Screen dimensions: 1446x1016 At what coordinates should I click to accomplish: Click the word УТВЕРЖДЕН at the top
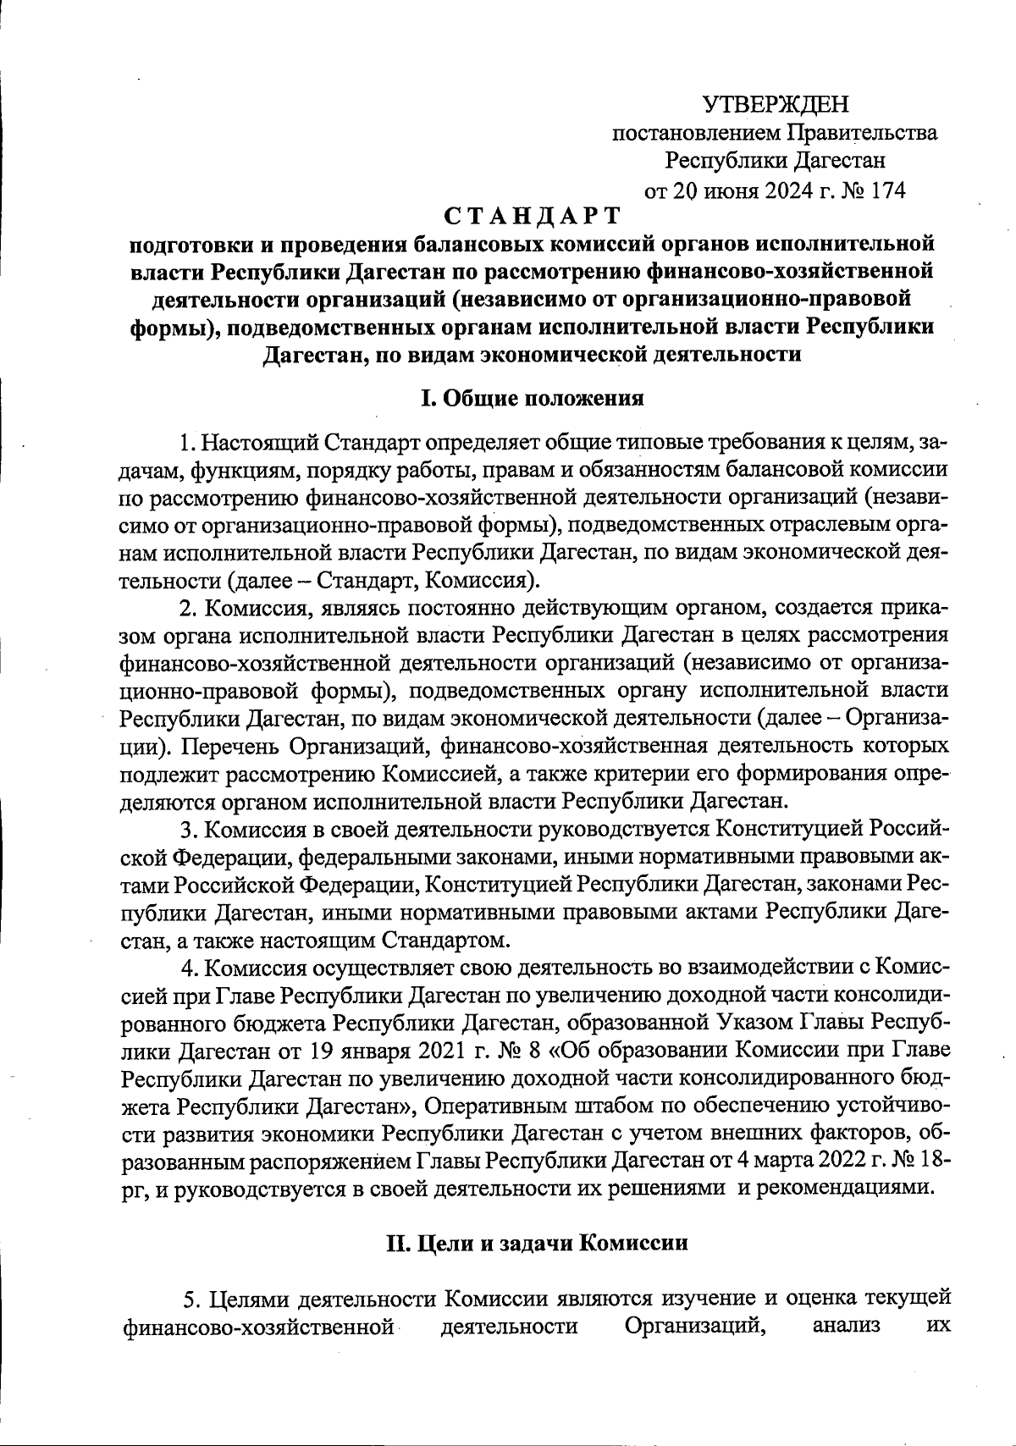coord(776,105)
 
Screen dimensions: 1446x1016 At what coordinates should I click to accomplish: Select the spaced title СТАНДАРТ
coord(532,217)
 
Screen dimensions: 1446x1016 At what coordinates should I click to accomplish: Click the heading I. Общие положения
coord(533,398)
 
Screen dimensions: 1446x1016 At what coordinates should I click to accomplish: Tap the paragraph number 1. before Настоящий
coord(188,443)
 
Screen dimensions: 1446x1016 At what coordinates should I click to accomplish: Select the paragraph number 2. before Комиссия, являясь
coord(188,609)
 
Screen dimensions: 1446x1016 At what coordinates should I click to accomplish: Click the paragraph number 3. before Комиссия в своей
coord(188,830)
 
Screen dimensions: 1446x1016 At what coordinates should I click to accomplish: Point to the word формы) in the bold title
coord(174,328)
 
